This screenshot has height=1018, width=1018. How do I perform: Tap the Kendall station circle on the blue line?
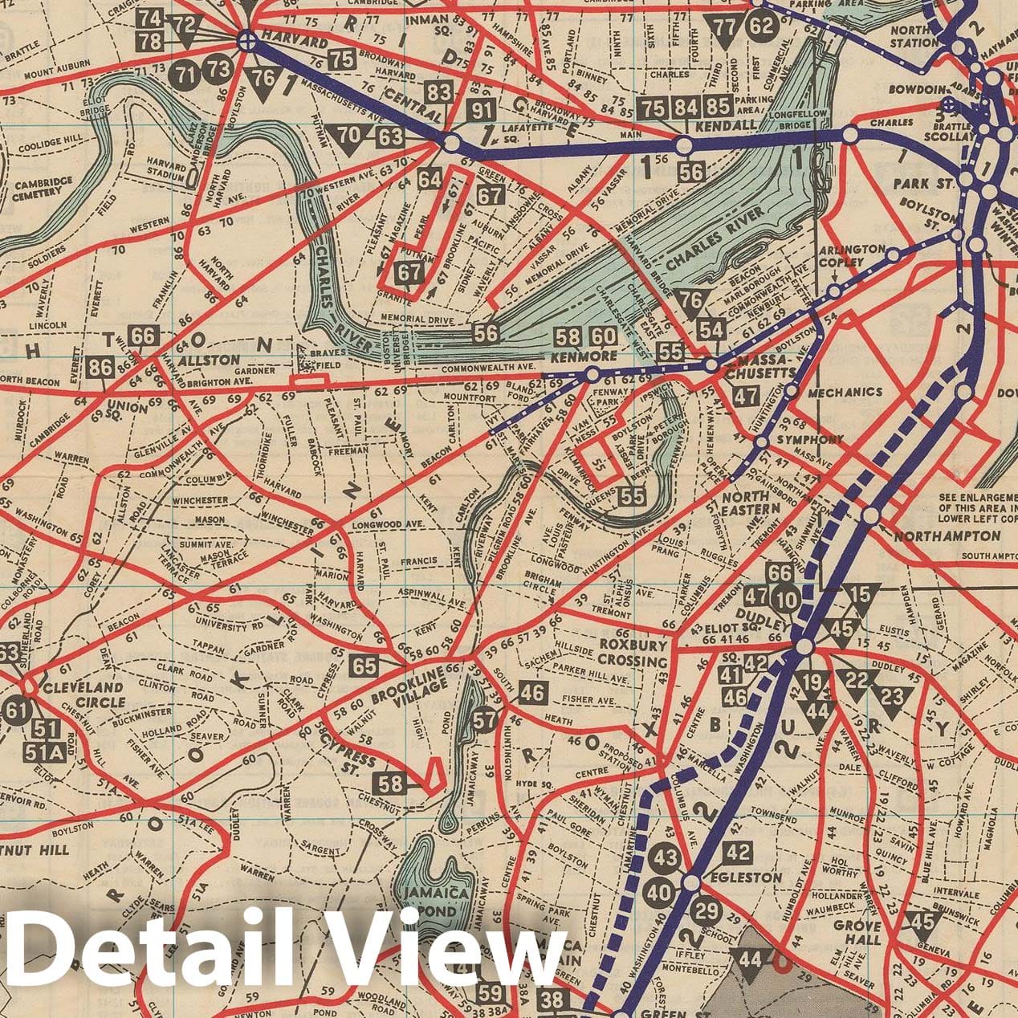[x=684, y=146]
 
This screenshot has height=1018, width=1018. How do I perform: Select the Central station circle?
[x=451, y=144]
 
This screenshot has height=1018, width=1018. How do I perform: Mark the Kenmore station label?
[x=572, y=356]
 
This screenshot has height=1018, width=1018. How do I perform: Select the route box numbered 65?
[x=364, y=666]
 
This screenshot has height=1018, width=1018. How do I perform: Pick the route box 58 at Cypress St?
[x=392, y=784]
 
